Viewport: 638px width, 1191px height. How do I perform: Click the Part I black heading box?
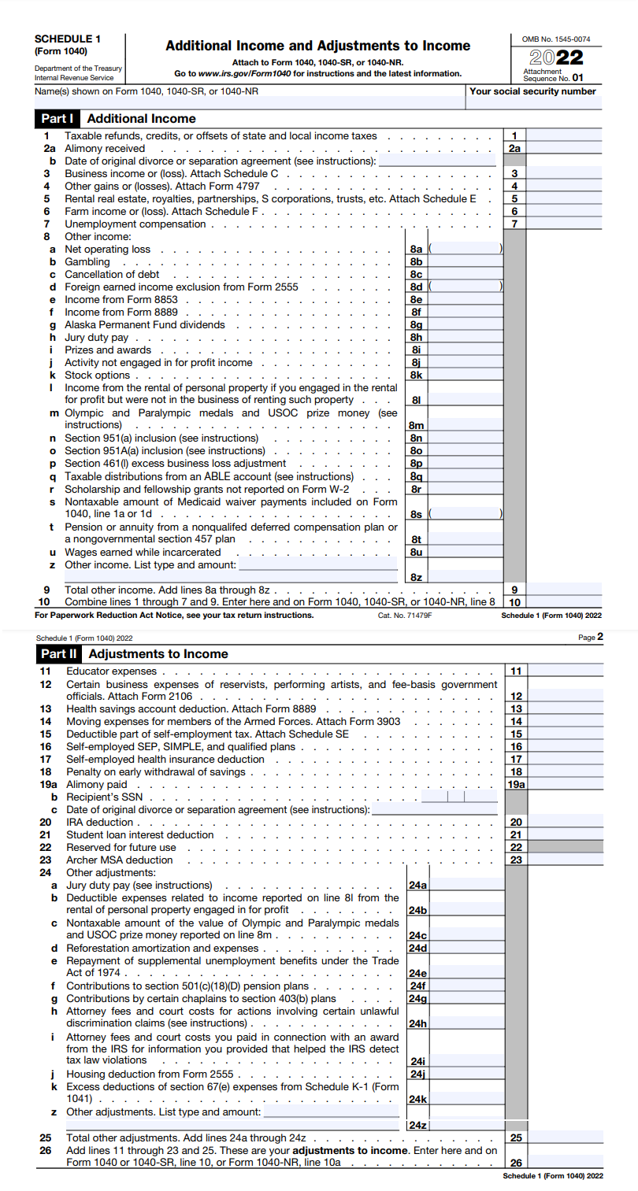[x=57, y=119]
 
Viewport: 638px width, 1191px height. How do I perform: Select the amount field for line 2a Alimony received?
[x=564, y=148]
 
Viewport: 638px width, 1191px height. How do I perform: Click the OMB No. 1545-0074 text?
[x=556, y=39]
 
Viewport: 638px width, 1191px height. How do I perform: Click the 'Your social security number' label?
[x=532, y=91]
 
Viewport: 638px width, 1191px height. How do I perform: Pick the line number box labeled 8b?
[x=417, y=262]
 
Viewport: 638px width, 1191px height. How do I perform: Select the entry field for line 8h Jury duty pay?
[x=465, y=338]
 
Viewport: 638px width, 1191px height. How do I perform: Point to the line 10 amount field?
[x=564, y=601]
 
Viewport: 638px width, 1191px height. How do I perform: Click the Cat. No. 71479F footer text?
[x=405, y=615]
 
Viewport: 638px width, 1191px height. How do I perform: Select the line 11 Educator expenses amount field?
[x=564, y=671]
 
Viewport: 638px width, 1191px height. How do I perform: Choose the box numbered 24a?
[x=417, y=886]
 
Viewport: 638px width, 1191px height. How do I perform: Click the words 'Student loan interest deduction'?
[x=140, y=835]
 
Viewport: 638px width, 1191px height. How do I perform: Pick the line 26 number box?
[x=516, y=1163]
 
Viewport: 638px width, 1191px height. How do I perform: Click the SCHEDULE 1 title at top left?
[x=68, y=39]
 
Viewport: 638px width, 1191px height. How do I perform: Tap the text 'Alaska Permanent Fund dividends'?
[x=145, y=325]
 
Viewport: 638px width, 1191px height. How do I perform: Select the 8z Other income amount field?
[x=465, y=577]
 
